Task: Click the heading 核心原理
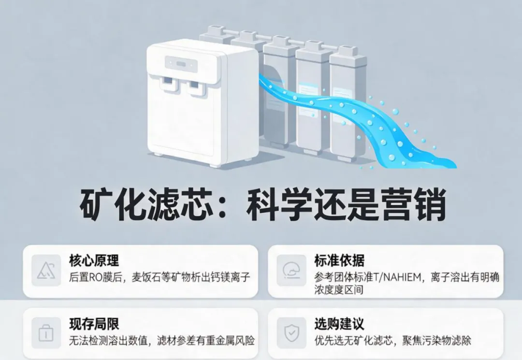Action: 94,260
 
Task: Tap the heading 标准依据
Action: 339,260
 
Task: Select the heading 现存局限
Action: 94,324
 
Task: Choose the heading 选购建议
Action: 339,324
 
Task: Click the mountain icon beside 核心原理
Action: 46,270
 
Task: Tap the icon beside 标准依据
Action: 291,270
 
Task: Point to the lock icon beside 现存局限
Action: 46,333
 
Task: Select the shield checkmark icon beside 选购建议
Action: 291,333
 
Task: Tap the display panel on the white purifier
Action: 181,64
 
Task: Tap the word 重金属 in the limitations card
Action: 219,340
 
